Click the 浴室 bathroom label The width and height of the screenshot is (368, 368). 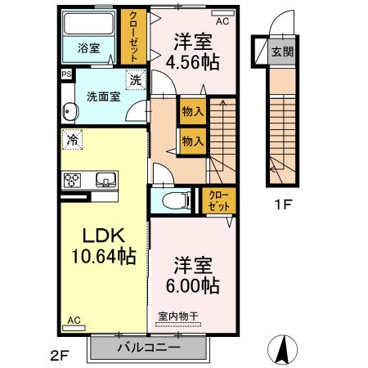pyautogui.click(x=88, y=48)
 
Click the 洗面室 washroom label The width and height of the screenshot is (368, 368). pyautogui.click(x=100, y=96)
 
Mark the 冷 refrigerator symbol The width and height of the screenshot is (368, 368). pyautogui.click(x=72, y=140)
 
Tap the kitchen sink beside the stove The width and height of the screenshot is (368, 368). pyautogui.click(x=105, y=181)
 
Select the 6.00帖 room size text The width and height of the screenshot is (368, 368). pyautogui.click(x=194, y=276)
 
